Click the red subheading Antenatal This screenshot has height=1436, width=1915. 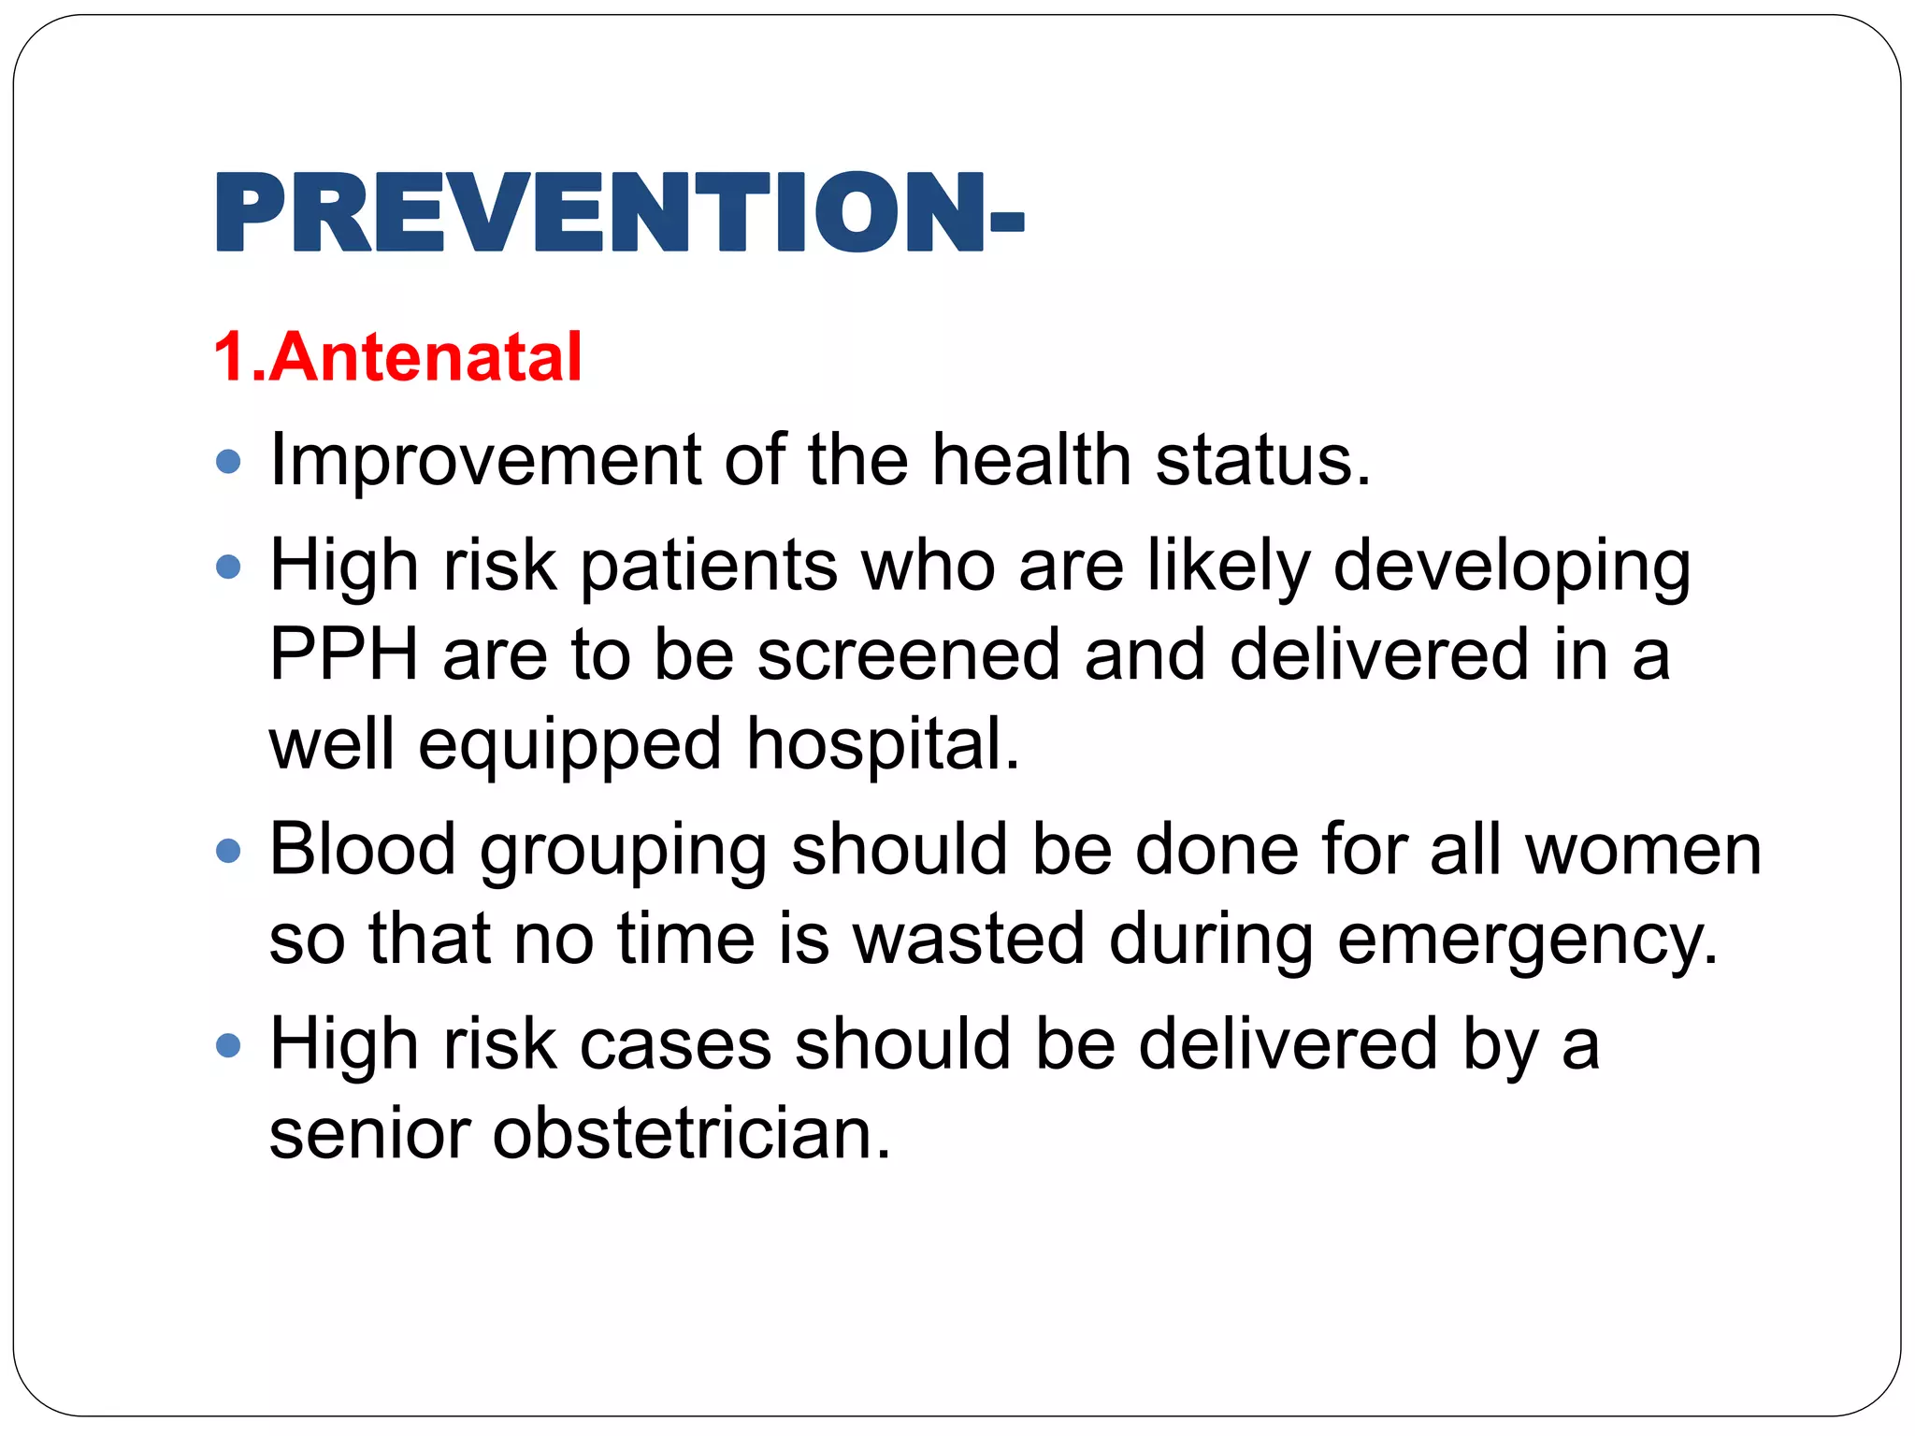tap(425, 358)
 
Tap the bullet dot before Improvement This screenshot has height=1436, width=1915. tap(228, 462)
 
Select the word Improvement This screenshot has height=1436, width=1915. tap(485, 461)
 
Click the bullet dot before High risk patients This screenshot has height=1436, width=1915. tap(228, 567)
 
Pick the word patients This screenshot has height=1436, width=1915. tap(709, 567)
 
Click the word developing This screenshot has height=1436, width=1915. tap(1511, 567)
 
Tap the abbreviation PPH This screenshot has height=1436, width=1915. tap(343, 654)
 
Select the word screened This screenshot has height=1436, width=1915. tap(908, 654)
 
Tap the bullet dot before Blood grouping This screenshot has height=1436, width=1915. tap(228, 851)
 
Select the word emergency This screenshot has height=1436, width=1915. tap(1527, 940)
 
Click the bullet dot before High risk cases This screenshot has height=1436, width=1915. tap(228, 1044)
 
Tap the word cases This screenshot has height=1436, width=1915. tap(675, 1044)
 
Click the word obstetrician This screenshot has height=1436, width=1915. tap(692, 1133)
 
